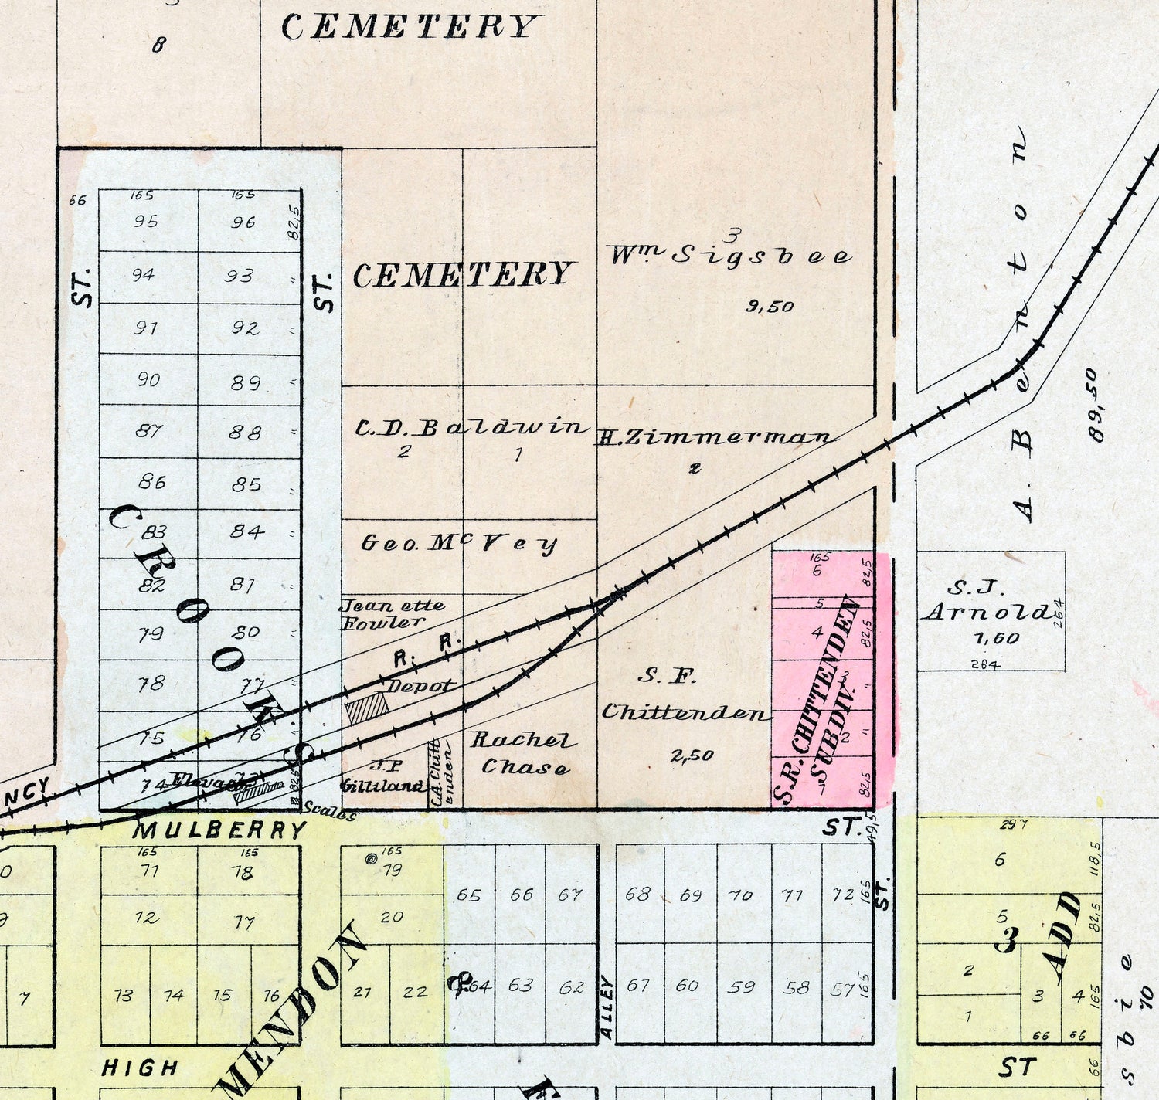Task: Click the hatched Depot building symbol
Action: click(367, 708)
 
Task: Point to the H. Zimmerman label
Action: click(715, 437)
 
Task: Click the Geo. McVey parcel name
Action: click(459, 543)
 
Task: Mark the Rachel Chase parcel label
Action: click(524, 753)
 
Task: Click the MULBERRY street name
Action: click(220, 830)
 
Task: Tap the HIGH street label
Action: click(140, 1068)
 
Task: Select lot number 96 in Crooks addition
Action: click(243, 222)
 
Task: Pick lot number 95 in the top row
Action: click(145, 222)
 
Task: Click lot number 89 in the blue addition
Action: click(245, 382)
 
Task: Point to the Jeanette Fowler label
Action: click(392, 613)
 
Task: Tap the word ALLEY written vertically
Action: click(607, 1007)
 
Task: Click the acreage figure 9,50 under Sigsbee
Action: click(770, 307)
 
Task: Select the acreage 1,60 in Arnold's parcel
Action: click(997, 638)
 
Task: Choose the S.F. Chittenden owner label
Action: click(685, 695)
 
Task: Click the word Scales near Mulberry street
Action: click(329, 811)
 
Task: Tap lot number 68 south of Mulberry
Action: click(637, 895)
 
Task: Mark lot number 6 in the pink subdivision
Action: click(817, 571)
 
